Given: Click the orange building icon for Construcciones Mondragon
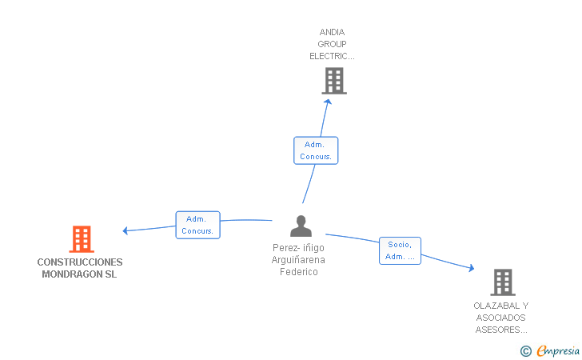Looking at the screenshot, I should pos(81,239).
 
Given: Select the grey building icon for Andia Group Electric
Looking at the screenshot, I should pos(334,81).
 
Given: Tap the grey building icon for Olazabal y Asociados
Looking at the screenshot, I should pos(502,282).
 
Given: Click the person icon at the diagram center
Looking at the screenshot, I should pos(301,226).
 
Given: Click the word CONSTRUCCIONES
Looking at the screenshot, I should pos(80,262).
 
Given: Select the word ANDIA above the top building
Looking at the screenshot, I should pos(332,33).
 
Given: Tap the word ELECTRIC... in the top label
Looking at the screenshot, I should pos(332,57).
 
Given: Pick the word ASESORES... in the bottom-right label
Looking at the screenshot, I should pos(501,330).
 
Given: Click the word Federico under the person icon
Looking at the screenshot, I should pos(299,272).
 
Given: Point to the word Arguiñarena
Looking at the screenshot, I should pos(298,260).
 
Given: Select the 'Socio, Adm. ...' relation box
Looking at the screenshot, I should pos(400,250).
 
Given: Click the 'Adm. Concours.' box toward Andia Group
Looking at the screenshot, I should pos(316,150).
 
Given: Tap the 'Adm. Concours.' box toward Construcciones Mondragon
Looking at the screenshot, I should pos(197,225).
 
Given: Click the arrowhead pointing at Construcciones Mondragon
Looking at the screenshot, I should pos(126,231).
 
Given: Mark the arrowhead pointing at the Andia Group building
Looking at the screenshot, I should pos(327,102).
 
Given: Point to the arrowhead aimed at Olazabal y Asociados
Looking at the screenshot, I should pos(471,269).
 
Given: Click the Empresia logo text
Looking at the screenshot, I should pos(558,350).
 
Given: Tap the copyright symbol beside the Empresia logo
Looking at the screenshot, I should pos(525,350).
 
